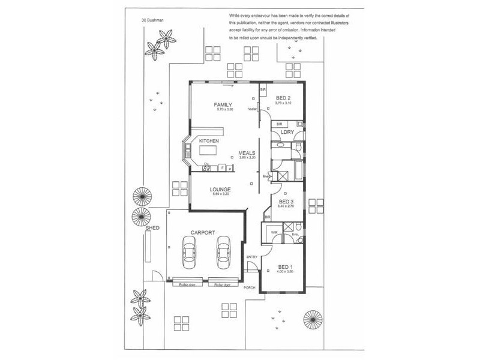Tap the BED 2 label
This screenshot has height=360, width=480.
[283, 98]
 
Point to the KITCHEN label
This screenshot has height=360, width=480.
[200, 140]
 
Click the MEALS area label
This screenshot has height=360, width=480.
[247, 152]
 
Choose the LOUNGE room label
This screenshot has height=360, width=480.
[221, 189]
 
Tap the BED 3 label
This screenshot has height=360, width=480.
[286, 202]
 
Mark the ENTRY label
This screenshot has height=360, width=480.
[252, 257]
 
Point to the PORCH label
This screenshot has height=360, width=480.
[250, 288]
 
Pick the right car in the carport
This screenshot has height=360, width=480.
[223, 253]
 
